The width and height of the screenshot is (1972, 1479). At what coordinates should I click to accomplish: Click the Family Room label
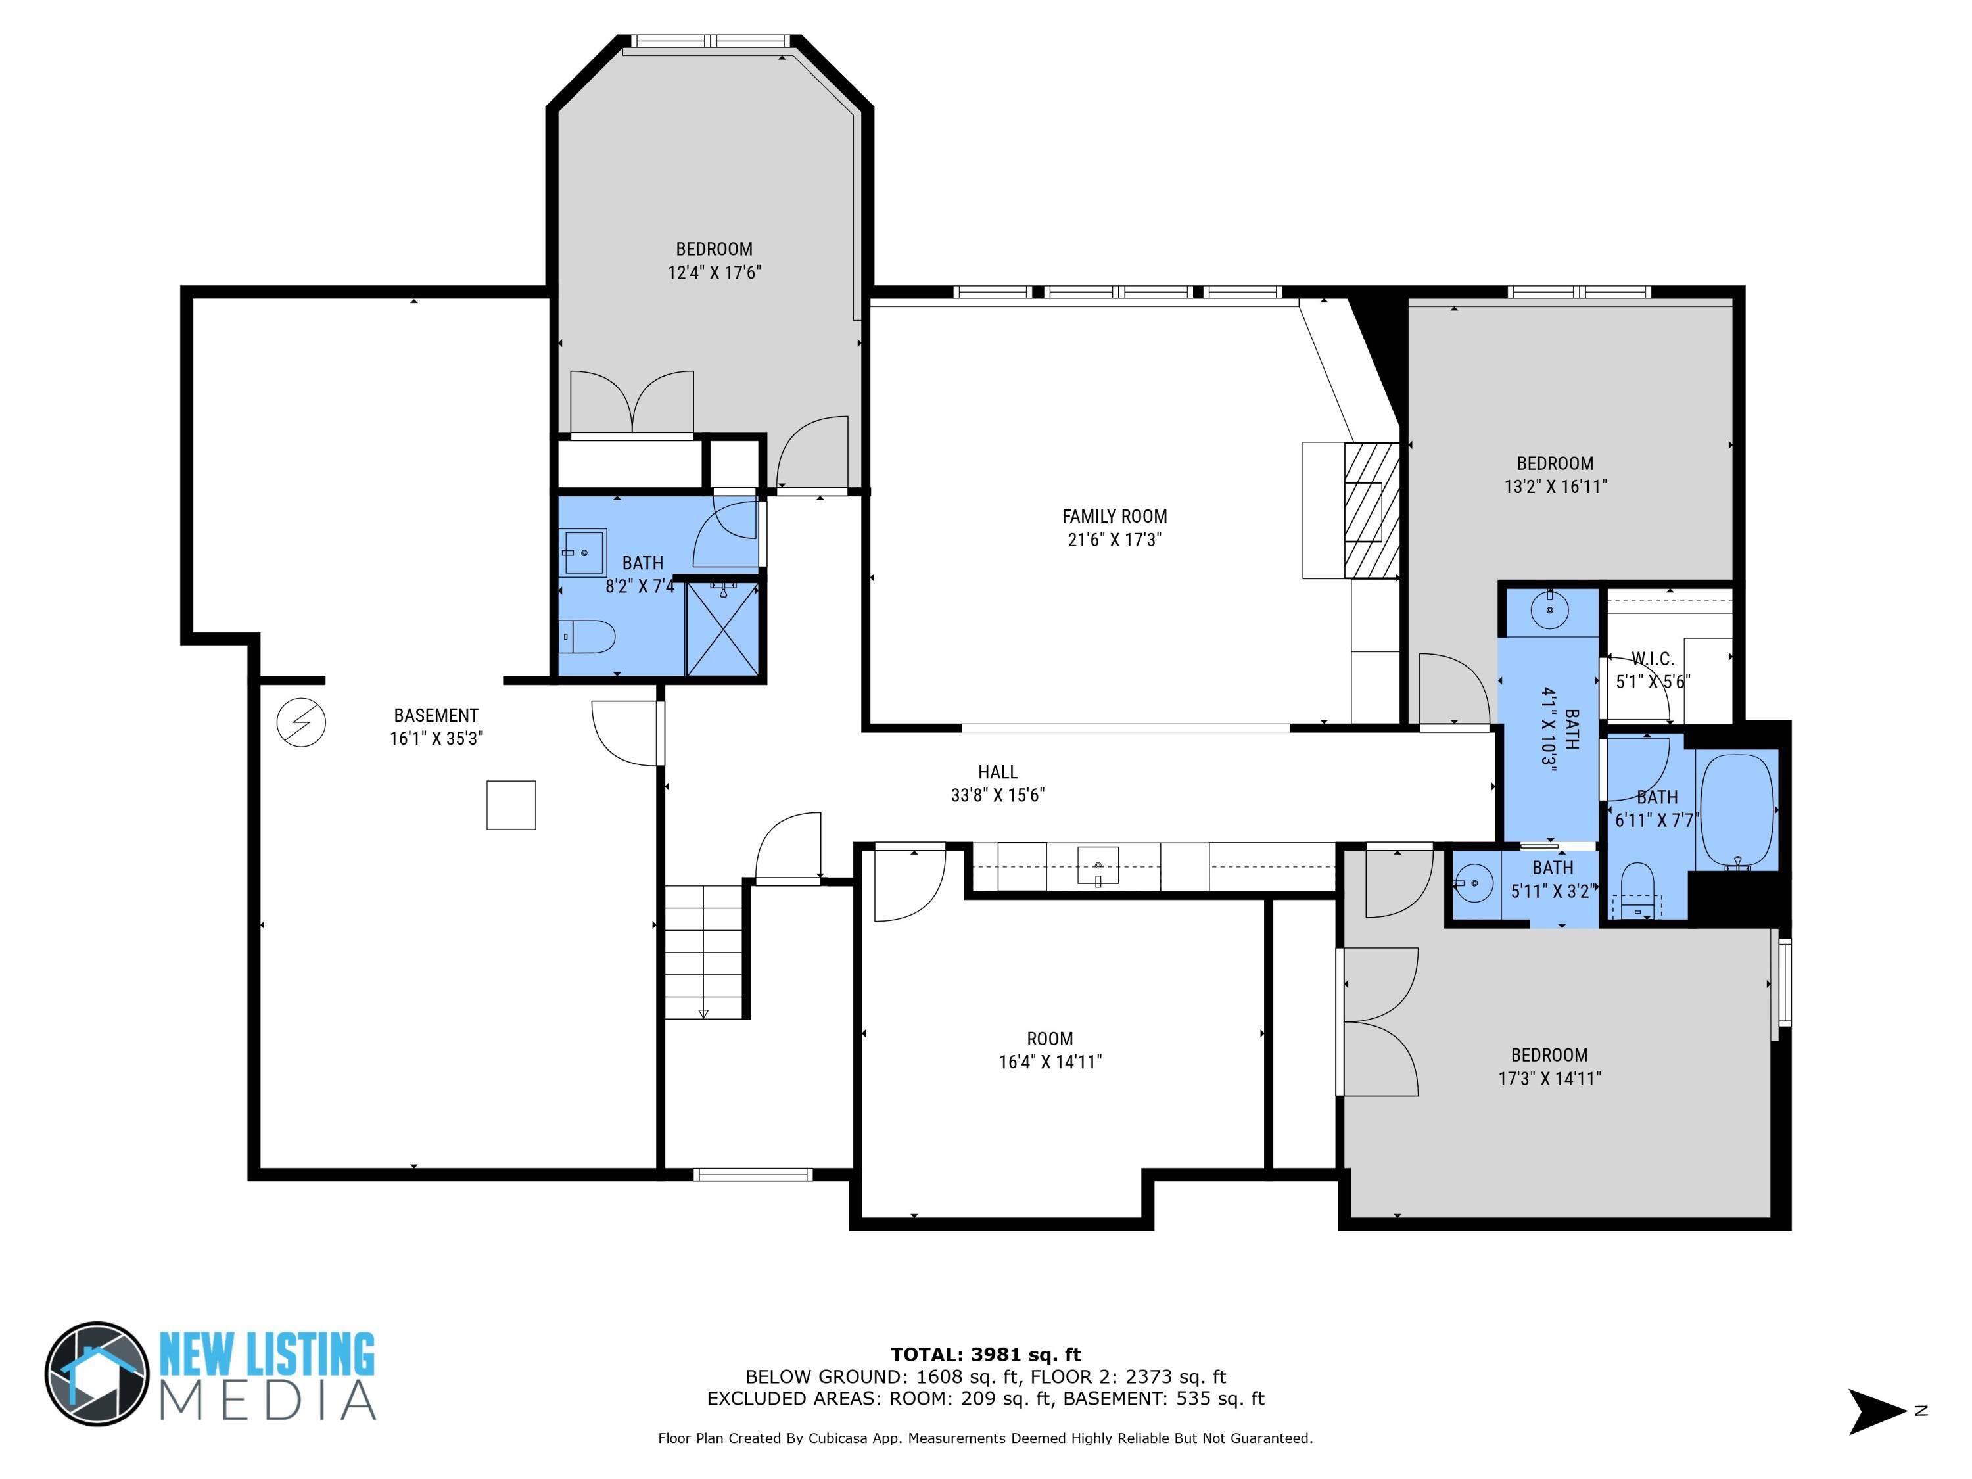tap(1114, 516)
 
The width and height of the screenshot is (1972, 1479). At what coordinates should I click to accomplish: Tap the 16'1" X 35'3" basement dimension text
tap(436, 738)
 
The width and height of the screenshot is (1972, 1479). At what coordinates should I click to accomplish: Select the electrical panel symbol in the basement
tap(301, 722)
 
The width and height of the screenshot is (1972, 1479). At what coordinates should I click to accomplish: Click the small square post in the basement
tap(511, 805)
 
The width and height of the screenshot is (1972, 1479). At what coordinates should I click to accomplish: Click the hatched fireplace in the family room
tap(1371, 511)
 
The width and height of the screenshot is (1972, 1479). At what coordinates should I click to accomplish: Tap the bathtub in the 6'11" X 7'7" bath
tap(1737, 810)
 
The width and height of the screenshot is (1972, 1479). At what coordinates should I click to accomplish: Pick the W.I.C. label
tap(1652, 659)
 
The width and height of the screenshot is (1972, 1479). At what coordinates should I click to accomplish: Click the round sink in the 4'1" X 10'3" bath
tap(1549, 610)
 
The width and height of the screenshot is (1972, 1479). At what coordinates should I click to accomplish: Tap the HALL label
tap(998, 772)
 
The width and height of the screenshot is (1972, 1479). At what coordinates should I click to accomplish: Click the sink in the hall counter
tap(1098, 866)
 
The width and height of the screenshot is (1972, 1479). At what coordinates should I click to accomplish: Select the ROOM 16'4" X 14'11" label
tap(1049, 1039)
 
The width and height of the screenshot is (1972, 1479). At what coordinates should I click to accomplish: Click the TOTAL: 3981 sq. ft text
tap(985, 1355)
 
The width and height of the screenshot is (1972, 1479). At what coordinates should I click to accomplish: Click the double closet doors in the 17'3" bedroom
tap(1380, 1021)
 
